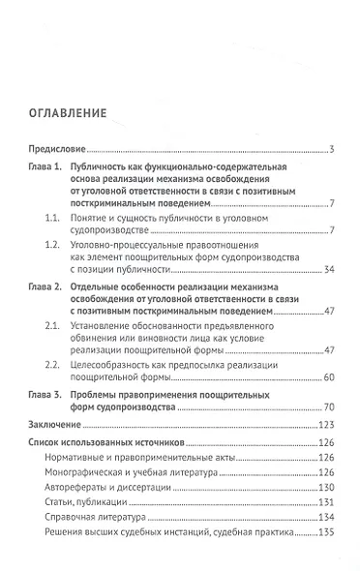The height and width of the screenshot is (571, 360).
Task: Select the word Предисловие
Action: point(55,149)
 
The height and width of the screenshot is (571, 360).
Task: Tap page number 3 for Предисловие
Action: point(331,149)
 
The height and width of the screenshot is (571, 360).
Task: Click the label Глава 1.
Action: point(46,168)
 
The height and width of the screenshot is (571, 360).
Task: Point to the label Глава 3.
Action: point(46,397)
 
